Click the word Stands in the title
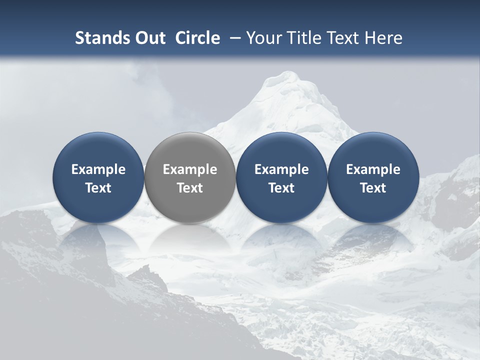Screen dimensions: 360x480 (98, 38)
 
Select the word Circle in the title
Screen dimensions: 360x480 (197, 38)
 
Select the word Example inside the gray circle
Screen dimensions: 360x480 (190, 169)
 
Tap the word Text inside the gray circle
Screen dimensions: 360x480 (190, 188)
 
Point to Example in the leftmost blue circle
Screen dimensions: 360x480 (98, 169)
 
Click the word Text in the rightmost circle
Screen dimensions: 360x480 (373, 188)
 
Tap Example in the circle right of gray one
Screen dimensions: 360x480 (281, 169)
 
